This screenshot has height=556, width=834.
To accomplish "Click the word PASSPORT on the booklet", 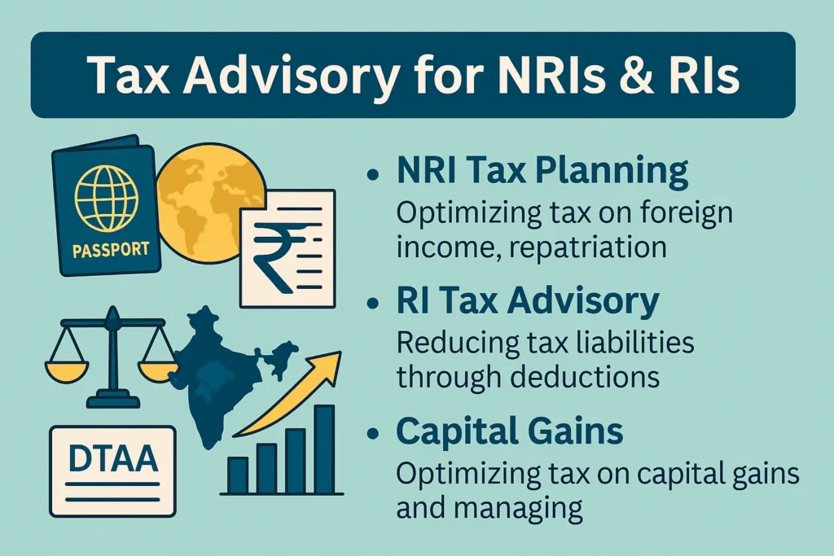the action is [111, 250].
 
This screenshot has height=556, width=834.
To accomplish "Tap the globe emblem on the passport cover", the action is [107, 199].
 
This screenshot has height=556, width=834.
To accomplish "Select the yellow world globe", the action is [210, 203].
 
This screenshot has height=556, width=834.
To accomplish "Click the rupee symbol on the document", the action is [279, 258].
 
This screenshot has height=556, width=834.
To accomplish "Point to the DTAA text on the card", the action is [113, 459].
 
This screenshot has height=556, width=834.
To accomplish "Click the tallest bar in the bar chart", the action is [324, 449].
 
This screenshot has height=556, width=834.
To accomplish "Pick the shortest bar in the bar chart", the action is [238, 475].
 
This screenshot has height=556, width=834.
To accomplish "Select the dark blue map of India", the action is [223, 372].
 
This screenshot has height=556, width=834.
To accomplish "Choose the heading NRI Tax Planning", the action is [542, 171].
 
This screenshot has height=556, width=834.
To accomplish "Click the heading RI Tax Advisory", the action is [528, 301].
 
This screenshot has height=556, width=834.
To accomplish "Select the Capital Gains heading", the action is [510, 431].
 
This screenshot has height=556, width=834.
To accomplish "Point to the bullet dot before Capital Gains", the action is [373, 433].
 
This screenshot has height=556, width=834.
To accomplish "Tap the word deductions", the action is [585, 376].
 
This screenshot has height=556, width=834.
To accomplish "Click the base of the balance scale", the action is [112, 400].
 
